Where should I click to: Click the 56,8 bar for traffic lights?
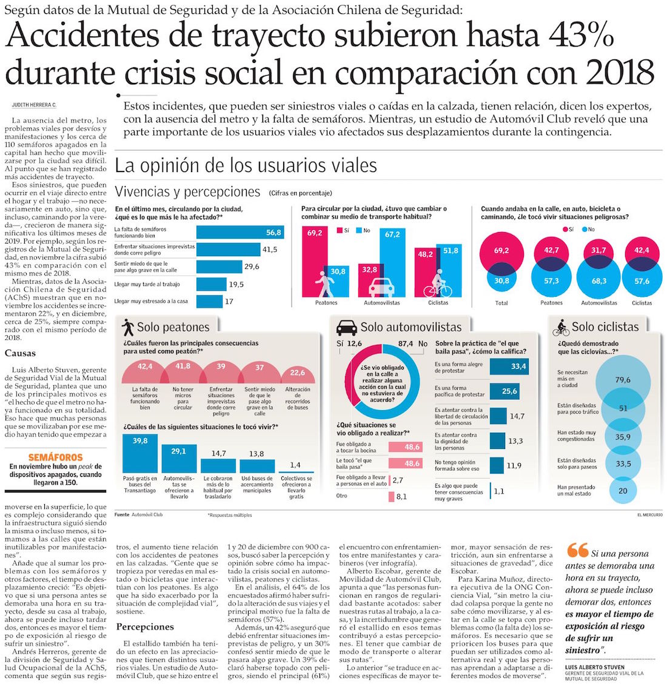pyautogui.click(x=240, y=232)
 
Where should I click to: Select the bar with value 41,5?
pyautogui.click(x=227, y=249)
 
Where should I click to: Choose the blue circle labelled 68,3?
pyautogui.click(x=598, y=281)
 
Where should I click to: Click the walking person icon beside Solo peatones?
pyautogui.click(x=128, y=327)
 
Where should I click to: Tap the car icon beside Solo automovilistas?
pyautogui.click(x=347, y=327)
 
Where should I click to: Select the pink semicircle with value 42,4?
pyautogui.click(x=145, y=371)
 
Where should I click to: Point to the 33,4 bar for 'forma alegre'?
pyautogui.click(x=508, y=367)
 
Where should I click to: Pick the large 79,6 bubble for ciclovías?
pyautogui.click(x=622, y=379)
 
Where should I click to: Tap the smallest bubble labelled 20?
pyautogui.click(x=623, y=491)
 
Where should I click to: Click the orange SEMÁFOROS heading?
pyautogui.click(x=55, y=457)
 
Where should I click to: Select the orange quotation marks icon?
pyautogui.click(x=577, y=550)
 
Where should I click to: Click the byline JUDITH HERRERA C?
pyautogui.click(x=34, y=105)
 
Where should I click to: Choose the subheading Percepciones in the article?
pyautogui.click(x=145, y=626)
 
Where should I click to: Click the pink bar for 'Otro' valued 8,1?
pyautogui.click(x=391, y=497)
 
